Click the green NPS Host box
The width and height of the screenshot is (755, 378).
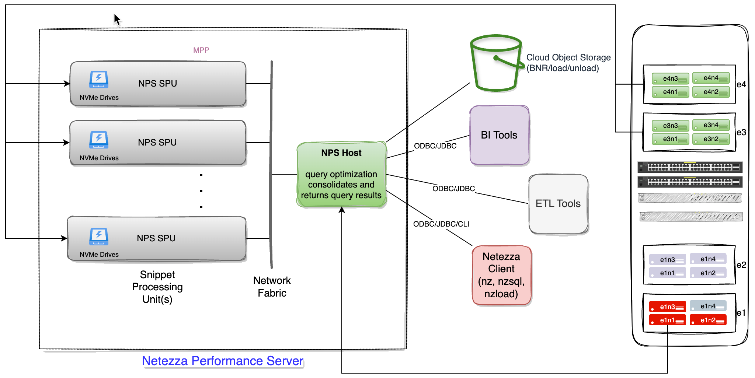[x=341, y=175]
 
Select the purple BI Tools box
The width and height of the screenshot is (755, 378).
[x=500, y=135]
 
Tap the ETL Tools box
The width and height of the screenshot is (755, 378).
[x=558, y=204]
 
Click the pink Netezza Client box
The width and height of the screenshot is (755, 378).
[x=501, y=275]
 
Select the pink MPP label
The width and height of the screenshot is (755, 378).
[x=201, y=50]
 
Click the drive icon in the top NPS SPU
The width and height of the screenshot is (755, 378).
[x=99, y=79]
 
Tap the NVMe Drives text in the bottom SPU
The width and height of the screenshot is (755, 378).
[x=99, y=255]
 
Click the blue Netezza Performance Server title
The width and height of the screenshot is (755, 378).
[x=223, y=361]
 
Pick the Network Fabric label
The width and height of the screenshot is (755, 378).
[x=272, y=287]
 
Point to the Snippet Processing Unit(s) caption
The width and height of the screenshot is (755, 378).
[x=158, y=287]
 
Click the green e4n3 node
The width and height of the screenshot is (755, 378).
[x=670, y=79]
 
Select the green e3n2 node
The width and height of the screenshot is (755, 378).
[x=710, y=139]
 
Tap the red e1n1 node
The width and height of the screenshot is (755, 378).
[x=667, y=320]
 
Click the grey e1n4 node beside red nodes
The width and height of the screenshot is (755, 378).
[x=707, y=306]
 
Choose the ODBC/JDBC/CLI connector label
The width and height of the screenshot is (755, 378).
[x=441, y=224]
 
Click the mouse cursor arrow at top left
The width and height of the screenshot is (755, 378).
[x=117, y=19]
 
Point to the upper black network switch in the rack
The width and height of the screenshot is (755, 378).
[x=690, y=167]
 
